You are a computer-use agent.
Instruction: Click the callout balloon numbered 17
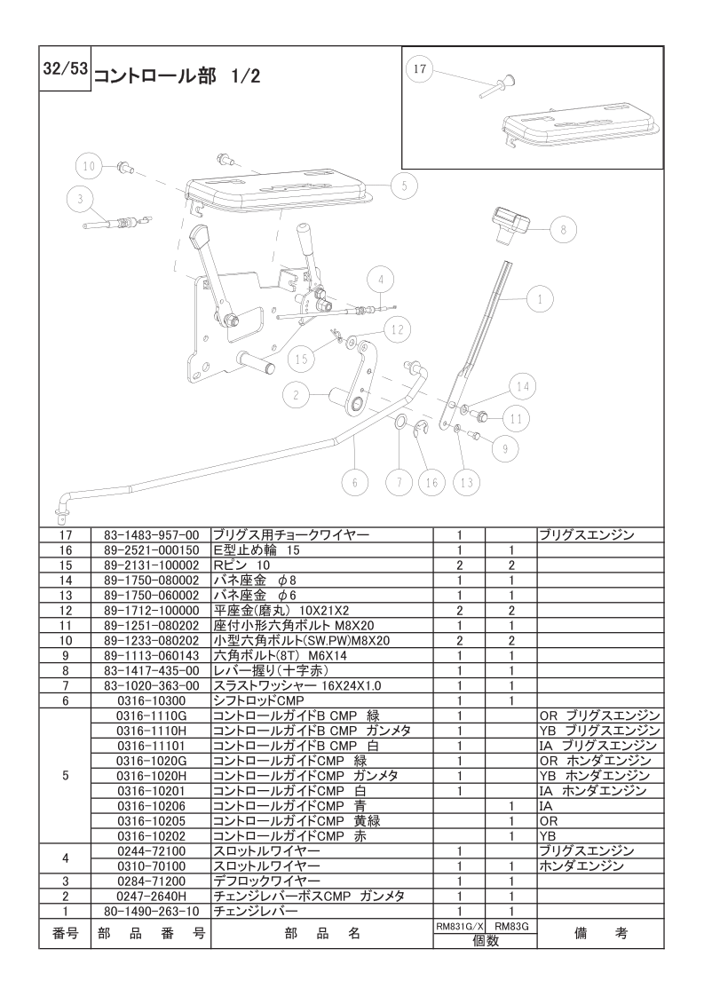coord(419,68)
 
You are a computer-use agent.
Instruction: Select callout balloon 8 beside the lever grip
coord(563,229)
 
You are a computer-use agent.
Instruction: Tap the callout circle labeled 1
coord(541,298)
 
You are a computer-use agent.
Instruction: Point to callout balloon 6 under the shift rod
coord(354,482)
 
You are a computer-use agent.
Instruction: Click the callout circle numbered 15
coord(301,359)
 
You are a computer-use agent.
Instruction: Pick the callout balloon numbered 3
coord(80,199)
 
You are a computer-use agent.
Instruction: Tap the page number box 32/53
coord(65,68)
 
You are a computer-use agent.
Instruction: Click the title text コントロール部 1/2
coord(178,76)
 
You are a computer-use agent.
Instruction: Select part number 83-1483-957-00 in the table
coord(151,535)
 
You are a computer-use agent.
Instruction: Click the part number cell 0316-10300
coord(151,700)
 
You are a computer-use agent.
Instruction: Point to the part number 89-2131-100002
coord(151,565)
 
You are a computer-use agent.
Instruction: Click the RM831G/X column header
coord(460,927)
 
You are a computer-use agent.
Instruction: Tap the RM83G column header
coord(511,927)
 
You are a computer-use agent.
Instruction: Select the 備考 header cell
coord(600,933)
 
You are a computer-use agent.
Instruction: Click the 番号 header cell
coord(66,933)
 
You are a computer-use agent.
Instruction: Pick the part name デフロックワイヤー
coord(266,881)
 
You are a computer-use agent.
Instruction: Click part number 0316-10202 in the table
coord(151,836)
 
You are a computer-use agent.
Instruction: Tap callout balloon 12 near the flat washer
coord(397,329)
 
